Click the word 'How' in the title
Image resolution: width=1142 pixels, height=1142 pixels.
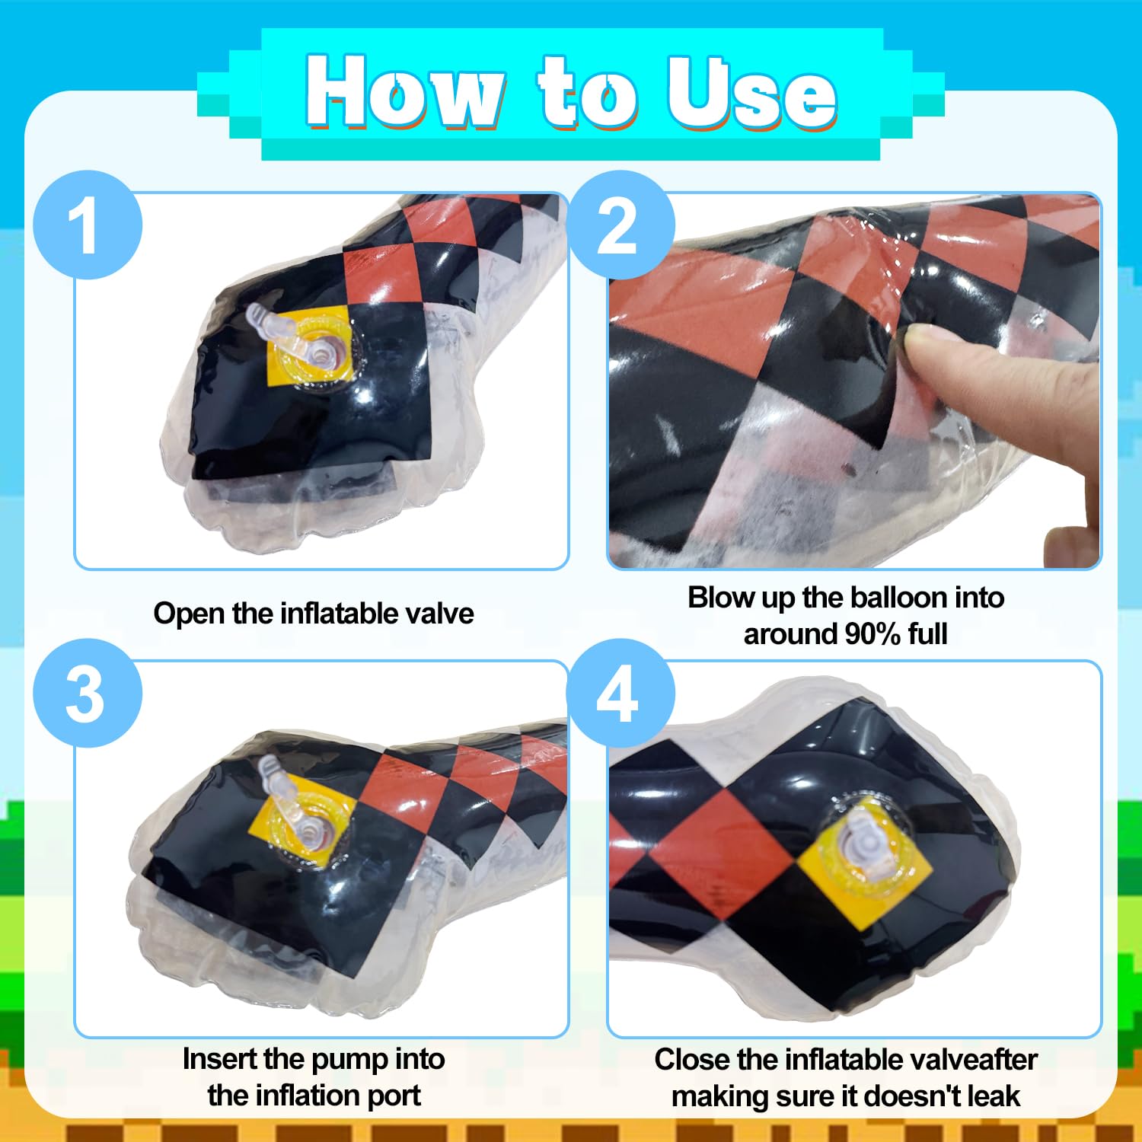coord(404,91)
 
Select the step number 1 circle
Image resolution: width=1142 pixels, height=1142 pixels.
coord(88,225)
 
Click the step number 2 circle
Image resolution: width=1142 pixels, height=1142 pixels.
coord(620,225)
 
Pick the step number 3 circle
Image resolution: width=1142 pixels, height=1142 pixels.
coord(88,693)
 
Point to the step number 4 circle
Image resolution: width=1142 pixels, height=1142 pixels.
coord(620,693)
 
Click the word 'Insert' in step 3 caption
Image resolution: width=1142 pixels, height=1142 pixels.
coord(219,1059)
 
